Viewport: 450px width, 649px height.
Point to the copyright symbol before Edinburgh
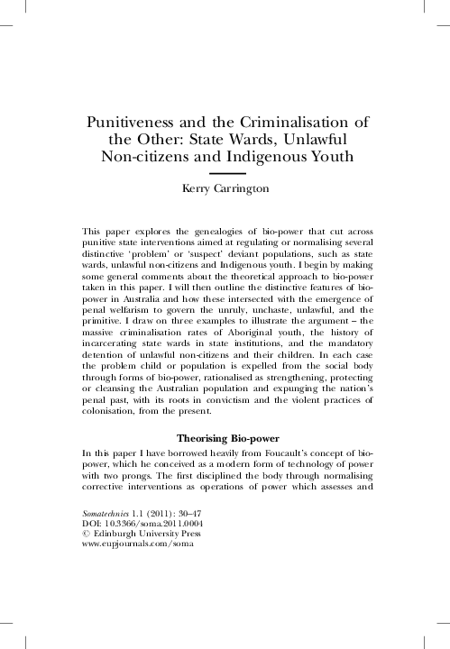point(85,535)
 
